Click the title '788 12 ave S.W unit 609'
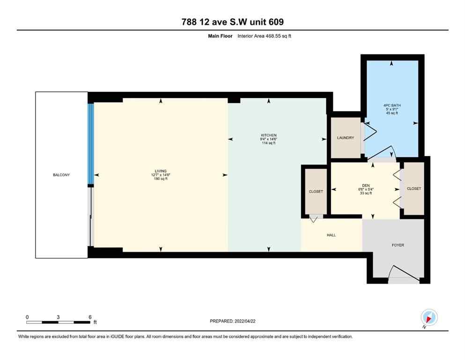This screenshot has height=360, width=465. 232,22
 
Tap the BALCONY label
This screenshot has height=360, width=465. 61,175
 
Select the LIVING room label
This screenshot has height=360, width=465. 161,171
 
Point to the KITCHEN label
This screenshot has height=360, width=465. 268,135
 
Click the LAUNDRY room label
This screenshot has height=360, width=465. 345,138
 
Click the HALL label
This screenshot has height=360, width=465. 331,235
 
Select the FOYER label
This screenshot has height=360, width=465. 398,245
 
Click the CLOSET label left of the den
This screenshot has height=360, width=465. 316,191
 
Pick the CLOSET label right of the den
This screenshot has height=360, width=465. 414,188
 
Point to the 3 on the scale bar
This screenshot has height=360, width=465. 58,317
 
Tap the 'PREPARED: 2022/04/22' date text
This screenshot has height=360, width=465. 233,321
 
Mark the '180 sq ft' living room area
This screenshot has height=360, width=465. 161,179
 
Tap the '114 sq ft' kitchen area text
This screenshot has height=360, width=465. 268,143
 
